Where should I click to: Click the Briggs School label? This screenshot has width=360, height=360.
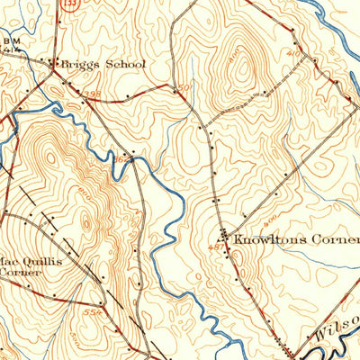point(101,65)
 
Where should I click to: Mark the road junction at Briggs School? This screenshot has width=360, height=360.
point(54,65)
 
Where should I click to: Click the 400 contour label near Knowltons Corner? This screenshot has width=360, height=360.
point(268,220)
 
